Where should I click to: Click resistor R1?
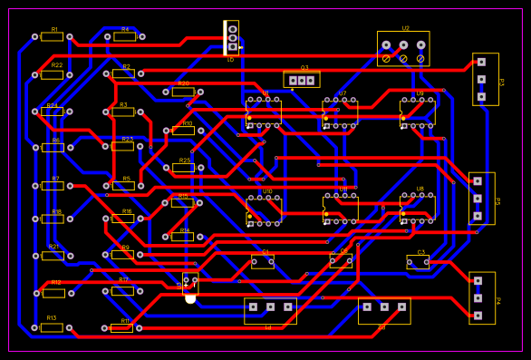coord(52,36)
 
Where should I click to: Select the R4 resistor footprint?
coord(124,36)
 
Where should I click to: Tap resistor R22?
coord(52,74)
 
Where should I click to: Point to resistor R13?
coord(52,327)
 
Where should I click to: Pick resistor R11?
coord(121,328)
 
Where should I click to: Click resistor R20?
coord(183,92)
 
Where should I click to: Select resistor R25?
coord(183,168)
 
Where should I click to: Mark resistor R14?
coord(183,237)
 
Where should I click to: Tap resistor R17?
coord(122,290)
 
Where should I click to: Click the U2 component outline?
coord(403,48)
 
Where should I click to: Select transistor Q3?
coord(302,80)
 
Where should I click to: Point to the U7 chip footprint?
coord(340,112)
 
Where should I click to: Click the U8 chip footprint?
coord(418,208)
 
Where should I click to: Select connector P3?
coord(485,79)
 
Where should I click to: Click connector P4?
coord(482,297)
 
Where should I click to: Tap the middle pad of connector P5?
coord(478,198)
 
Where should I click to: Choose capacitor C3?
coord(418,263)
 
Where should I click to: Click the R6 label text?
coord(55,141)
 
